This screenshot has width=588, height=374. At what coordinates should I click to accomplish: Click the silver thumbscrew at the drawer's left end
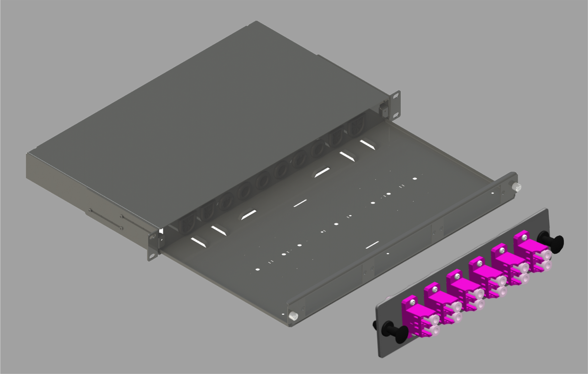(294, 316)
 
